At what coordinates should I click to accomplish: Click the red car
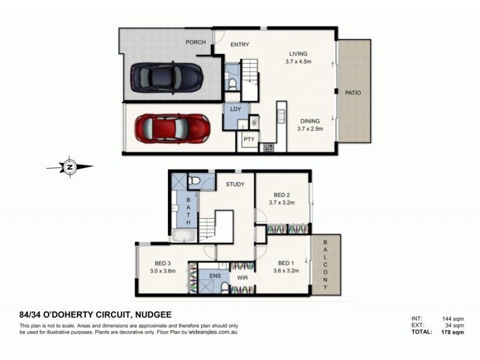tap(172, 128)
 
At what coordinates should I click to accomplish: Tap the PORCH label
tap(196, 42)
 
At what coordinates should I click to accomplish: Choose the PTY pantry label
tap(248, 139)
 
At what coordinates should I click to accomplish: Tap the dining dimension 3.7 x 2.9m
tap(310, 128)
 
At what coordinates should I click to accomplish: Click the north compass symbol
tap(70, 167)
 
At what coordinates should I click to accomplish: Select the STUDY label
tap(235, 184)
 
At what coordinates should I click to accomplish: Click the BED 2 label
tap(282, 195)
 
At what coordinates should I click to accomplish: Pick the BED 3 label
tap(163, 263)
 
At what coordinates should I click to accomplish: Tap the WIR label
tap(242, 278)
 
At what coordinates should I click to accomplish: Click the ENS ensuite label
tap(215, 276)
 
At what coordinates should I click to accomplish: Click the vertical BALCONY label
tap(325, 264)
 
